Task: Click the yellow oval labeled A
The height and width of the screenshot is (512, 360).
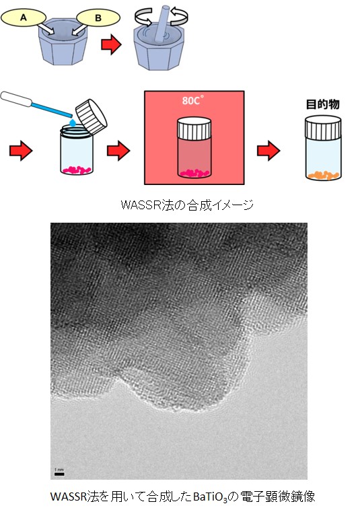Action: pos(23,17)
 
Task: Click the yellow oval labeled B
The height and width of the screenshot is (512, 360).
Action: pos(98,17)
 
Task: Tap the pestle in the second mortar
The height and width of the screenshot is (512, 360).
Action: pos(163,24)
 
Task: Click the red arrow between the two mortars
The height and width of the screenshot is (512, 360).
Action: pos(112,44)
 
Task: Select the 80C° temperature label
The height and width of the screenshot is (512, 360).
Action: pos(192,100)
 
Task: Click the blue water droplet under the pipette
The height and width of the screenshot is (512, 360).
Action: pos(73,122)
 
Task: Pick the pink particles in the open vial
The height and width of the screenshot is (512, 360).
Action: pos(77,170)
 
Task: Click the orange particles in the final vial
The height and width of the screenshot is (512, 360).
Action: pos(323,176)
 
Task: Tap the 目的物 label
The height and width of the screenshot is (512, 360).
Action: pos(322,104)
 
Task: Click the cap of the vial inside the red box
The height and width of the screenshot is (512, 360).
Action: pos(194,128)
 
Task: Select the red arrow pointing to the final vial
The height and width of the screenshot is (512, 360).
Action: pos(268,151)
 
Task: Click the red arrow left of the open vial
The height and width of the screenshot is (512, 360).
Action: pos(21,151)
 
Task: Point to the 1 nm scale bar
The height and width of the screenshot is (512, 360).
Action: pos(59,474)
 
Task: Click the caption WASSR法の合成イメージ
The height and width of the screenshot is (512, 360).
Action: pos(187,205)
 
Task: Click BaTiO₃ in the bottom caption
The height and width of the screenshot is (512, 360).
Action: pos(209,497)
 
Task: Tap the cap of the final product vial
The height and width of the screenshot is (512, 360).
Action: pos(323,127)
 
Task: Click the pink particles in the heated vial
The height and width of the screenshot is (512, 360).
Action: pos(195,173)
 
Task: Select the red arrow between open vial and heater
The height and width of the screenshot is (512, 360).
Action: pos(118,151)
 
